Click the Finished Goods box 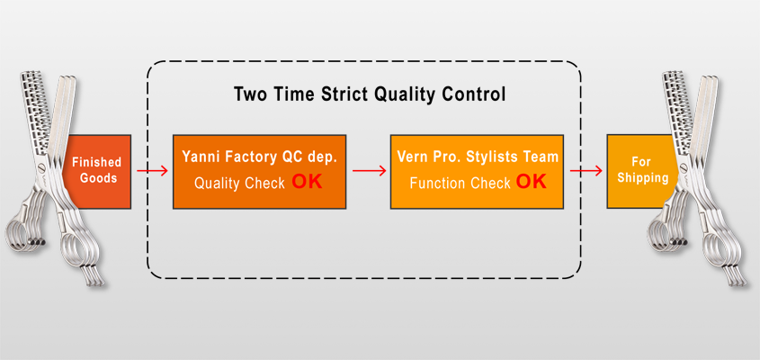point(97,171)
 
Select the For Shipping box point(642,171)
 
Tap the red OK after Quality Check point(307,182)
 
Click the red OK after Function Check point(531,182)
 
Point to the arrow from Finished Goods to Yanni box point(152,171)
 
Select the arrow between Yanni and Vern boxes point(370,171)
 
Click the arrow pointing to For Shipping point(586,171)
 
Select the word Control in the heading point(475,94)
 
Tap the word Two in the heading point(249,94)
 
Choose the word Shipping point(643,177)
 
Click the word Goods point(98,178)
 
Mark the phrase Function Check point(460,183)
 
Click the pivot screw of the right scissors point(684,168)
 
